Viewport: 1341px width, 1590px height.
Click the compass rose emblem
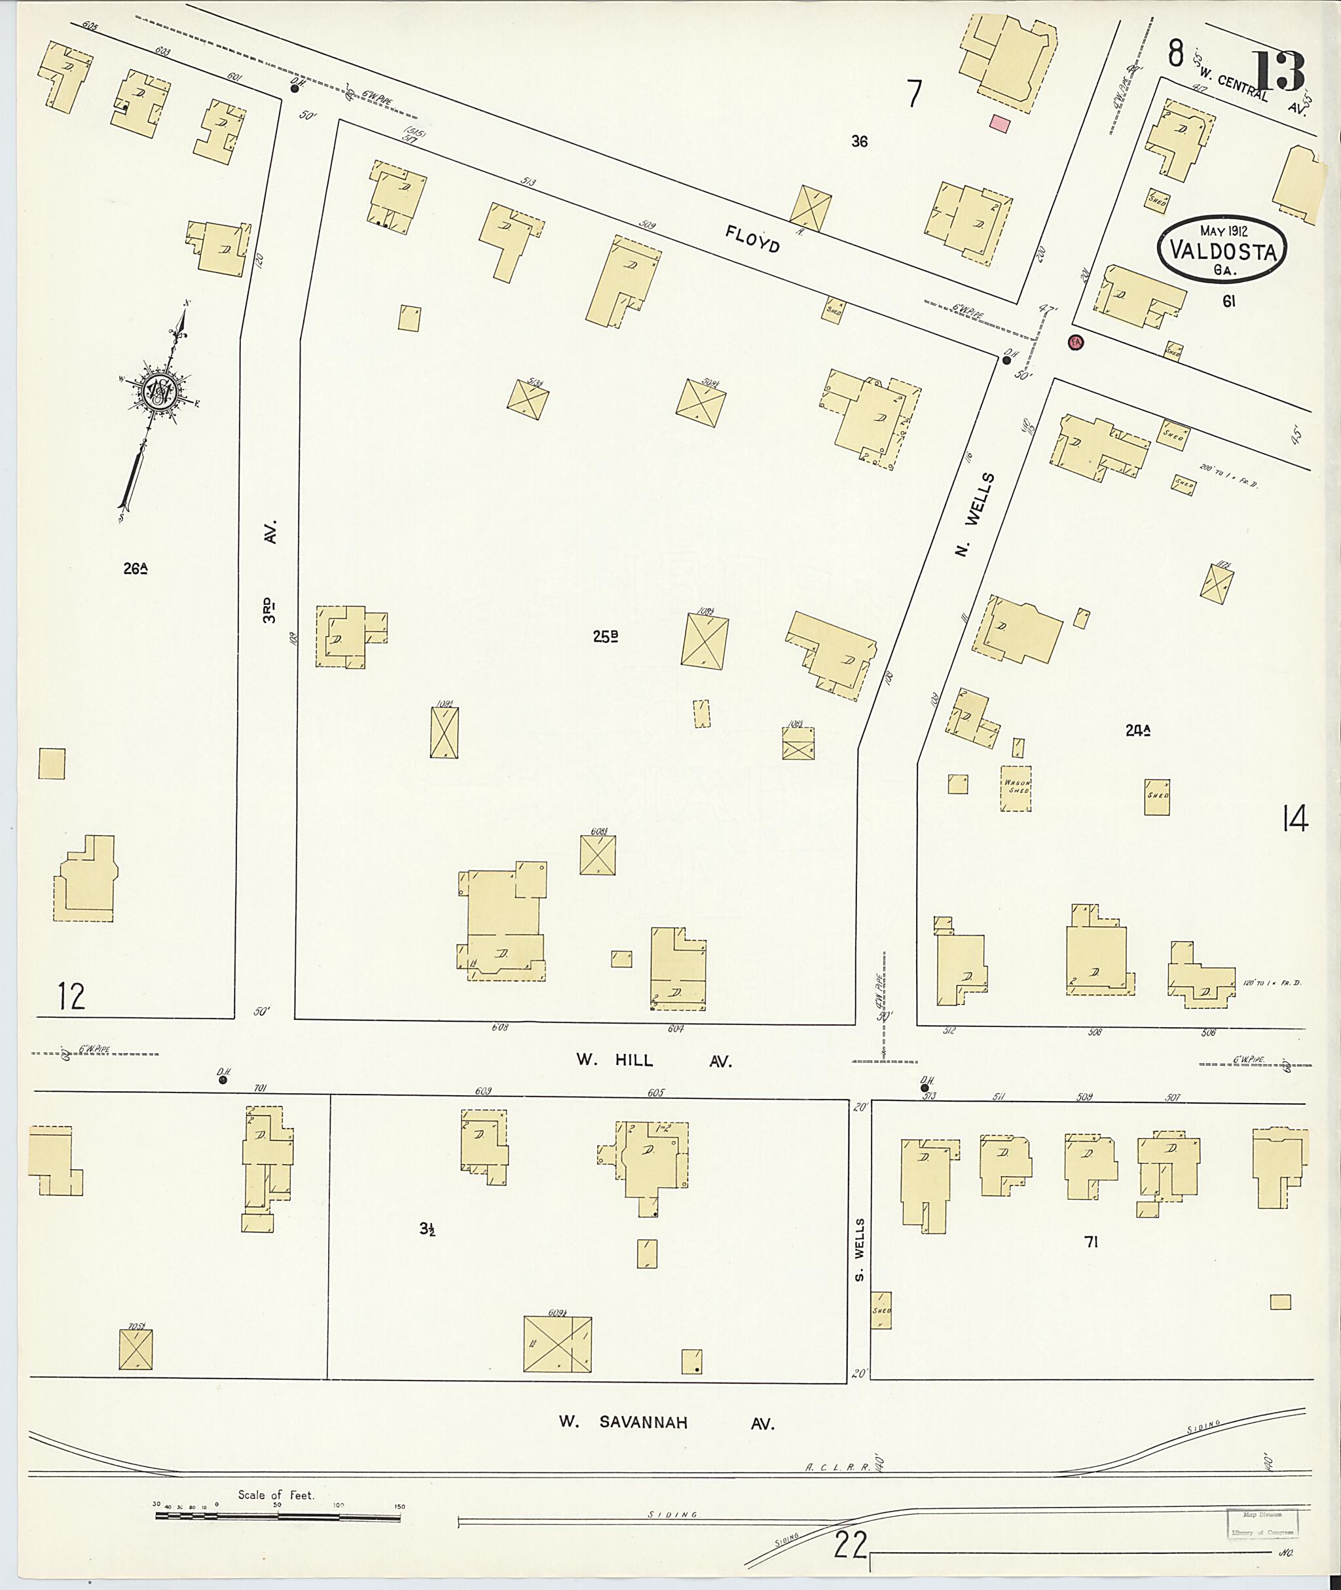coord(162,391)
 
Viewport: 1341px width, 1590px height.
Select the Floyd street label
coord(752,240)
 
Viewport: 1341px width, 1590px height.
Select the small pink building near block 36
coord(1001,123)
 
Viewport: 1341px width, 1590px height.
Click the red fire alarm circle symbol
coord(1076,343)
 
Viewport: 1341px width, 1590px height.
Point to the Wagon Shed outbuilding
coord(1016,787)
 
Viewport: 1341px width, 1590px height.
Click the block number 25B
coord(605,638)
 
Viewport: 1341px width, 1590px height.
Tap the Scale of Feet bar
coord(278,1516)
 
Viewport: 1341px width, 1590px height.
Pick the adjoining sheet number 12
coord(71,996)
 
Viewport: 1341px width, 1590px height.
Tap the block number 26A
coord(134,568)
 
